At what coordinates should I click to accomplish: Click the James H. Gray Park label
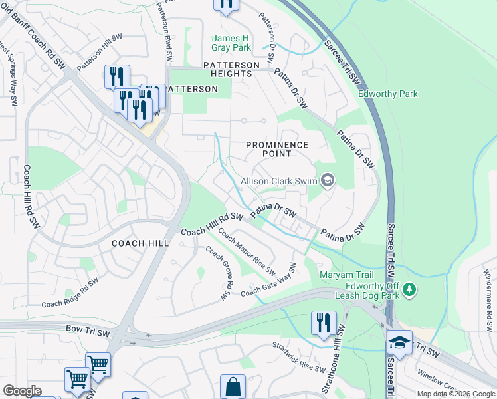pos(231,43)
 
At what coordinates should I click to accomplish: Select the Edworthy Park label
pos(388,94)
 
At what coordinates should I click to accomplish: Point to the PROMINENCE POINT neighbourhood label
pos(277,149)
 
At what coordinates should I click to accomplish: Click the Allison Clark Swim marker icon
pos(327,180)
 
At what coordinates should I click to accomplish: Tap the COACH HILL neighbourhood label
pos(140,243)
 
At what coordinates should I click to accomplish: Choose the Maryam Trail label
pos(348,275)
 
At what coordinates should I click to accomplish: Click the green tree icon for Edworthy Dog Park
pos(411,289)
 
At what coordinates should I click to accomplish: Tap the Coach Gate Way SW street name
pos(268,285)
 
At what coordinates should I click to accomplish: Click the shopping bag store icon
pos(233,386)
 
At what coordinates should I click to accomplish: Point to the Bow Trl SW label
pos(83,329)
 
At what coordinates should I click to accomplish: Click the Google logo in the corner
pos(22,391)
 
